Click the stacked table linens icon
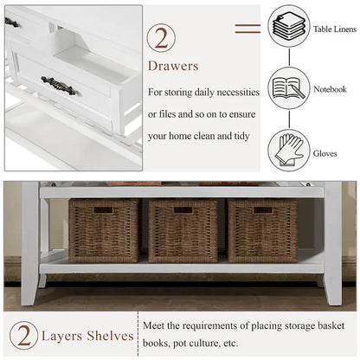(x=289, y=26)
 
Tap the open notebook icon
(x=289, y=88)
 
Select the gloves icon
(x=289, y=150)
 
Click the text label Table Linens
(x=335, y=29)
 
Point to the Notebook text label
(x=330, y=89)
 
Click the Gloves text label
(x=325, y=153)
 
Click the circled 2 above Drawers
(x=161, y=38)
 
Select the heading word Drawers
(x=173, y=66)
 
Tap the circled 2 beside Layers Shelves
(x=23, y=336)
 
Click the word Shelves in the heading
(x=110, y=336)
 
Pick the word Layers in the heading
(x=62, y=337)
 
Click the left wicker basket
(x=104, y=231)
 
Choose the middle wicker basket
(x=183, y=231)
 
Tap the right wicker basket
(x=262, y=231)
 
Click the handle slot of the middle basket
(x=183, y=210)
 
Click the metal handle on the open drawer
(x=59, y=86)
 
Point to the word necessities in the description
(x=238, y=93)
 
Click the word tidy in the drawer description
(x=241, y=136)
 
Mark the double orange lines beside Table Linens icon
(x=247, y=29)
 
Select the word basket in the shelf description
(x=331, y=326)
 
